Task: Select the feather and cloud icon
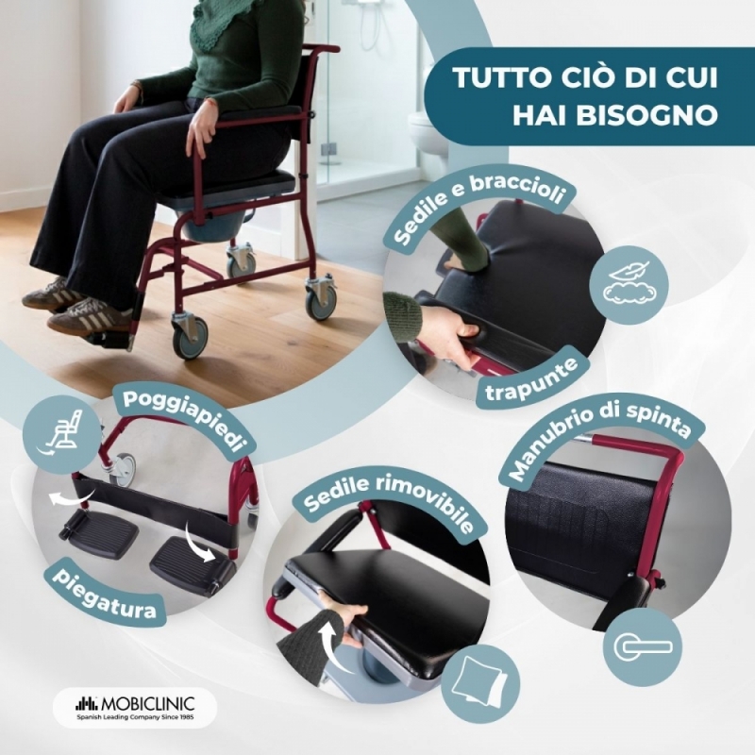pos(629,285)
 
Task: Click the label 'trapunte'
pos(532,375)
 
